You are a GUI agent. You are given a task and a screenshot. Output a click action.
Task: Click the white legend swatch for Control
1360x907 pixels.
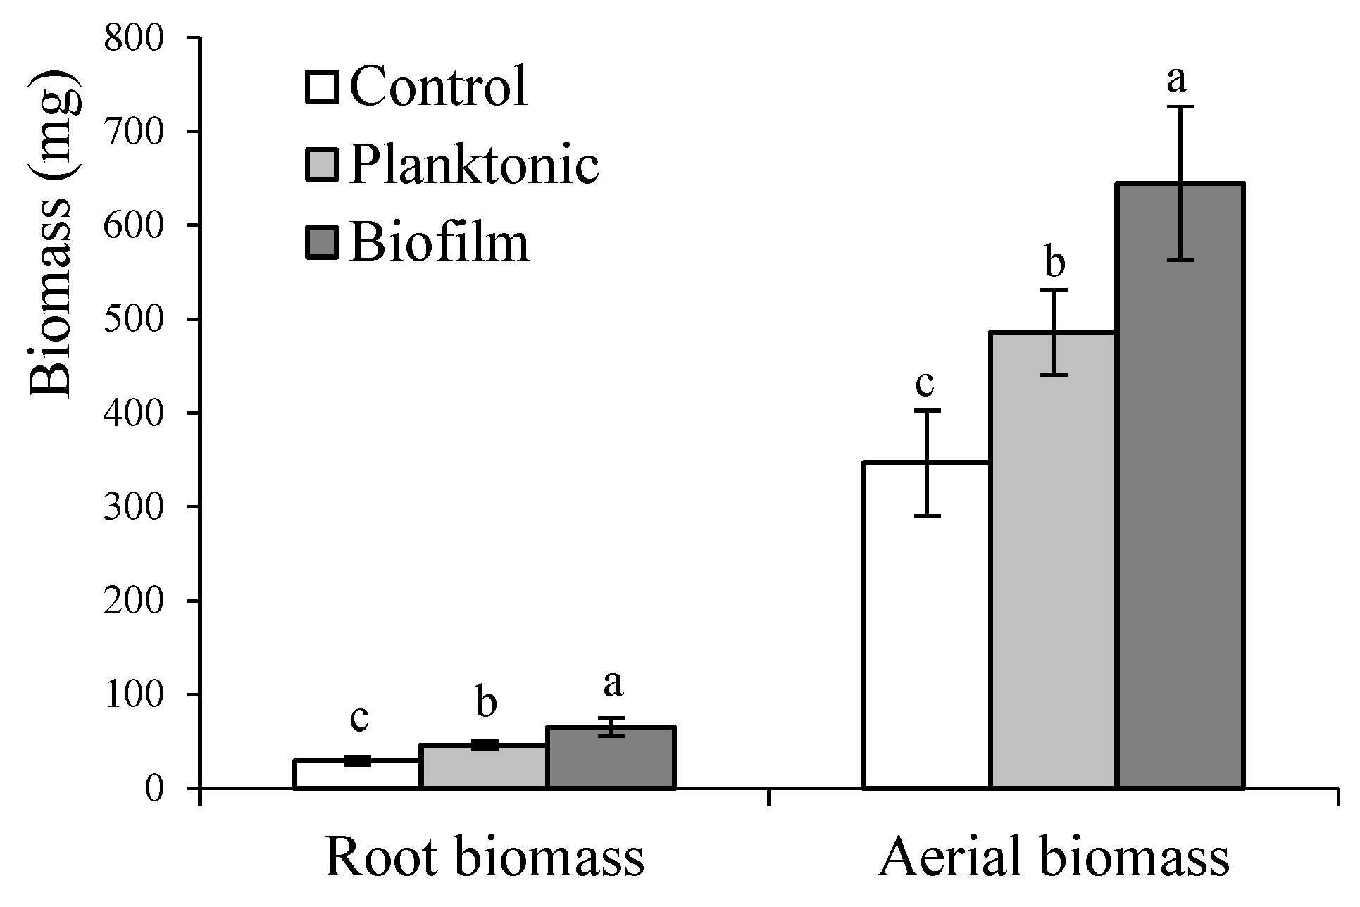point(323,87)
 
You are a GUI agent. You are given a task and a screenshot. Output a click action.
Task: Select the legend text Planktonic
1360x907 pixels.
point(473,165)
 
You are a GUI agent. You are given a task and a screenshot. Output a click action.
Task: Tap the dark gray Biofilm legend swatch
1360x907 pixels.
point(323,242)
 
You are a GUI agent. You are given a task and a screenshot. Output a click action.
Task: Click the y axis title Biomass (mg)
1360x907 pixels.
point(53,232)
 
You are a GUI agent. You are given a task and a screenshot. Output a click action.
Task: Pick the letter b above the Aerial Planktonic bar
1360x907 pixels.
point(1054,262)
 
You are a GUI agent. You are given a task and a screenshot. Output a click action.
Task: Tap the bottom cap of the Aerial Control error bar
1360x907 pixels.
point(927,515)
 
